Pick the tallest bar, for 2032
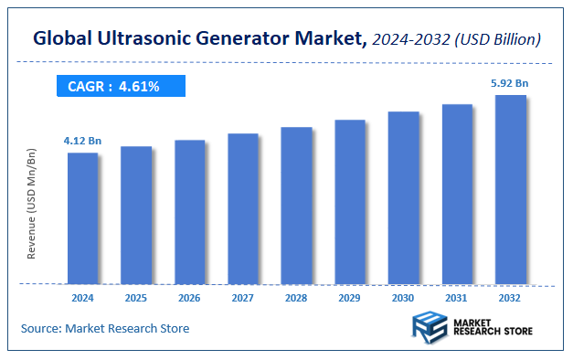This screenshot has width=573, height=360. [511, 189]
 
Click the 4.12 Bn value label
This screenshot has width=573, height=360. [81, 141]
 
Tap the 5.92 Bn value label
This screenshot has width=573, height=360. [510, 83]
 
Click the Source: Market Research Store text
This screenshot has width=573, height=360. [104, 328]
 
